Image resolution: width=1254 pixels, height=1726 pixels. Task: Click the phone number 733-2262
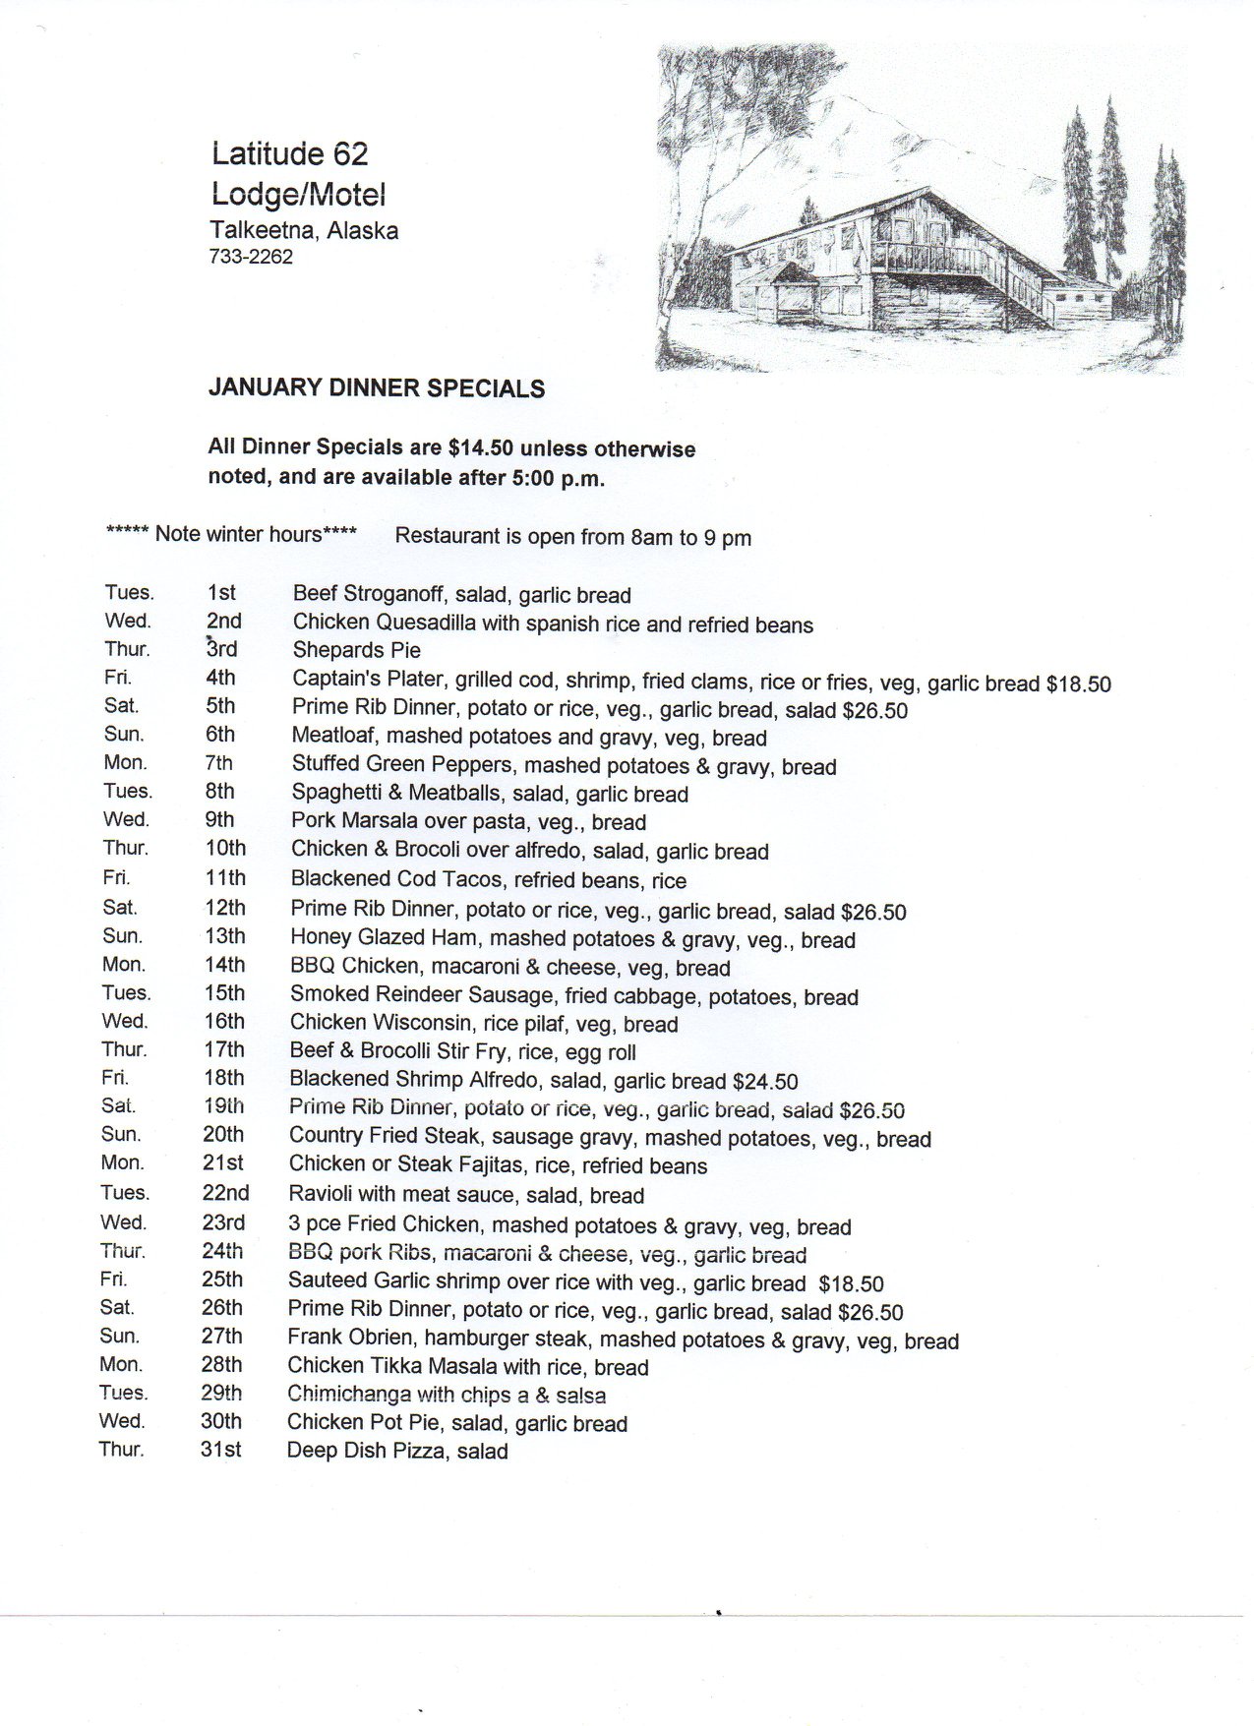(x=251, y=258)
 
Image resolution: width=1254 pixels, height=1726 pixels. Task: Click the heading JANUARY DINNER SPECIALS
(x=377, y=388)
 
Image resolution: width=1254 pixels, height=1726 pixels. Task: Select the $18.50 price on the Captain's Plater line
(x=1079, y=684)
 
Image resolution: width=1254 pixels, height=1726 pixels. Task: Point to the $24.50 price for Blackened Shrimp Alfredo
(x=765, y=1082)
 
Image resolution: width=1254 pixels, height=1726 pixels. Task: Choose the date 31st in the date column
(x=220, y=1450)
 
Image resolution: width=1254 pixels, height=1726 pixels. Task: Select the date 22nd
(x=226, y=1193)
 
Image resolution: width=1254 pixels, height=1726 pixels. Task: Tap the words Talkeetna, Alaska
(x=304, y=231)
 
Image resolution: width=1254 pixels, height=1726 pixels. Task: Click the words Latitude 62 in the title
(x=290, y=153)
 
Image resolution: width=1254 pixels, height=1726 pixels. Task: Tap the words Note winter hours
(x=239, y=534)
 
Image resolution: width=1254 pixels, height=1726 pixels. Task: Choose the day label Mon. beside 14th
(x=124, y=965)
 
